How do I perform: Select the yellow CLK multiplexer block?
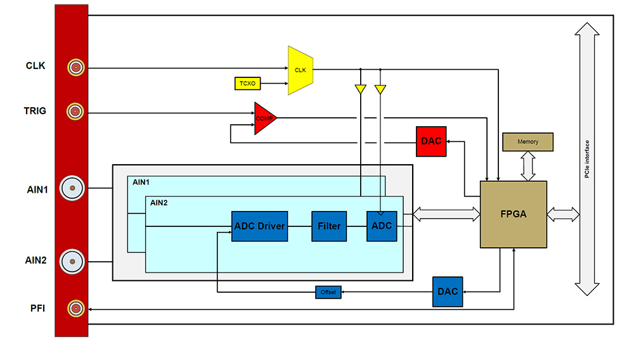301,70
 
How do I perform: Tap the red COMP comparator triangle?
264,118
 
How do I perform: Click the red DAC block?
431,141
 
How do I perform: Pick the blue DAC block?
448,292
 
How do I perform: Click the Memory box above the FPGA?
527,142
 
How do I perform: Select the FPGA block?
514,214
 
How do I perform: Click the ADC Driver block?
260,226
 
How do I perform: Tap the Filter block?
329,226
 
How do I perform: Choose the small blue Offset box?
328,292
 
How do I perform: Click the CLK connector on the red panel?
76,67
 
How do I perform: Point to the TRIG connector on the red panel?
76,112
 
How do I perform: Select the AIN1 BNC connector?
72,188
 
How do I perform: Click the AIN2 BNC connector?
72,260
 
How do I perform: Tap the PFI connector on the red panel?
76,309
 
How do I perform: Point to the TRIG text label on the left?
36,111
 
